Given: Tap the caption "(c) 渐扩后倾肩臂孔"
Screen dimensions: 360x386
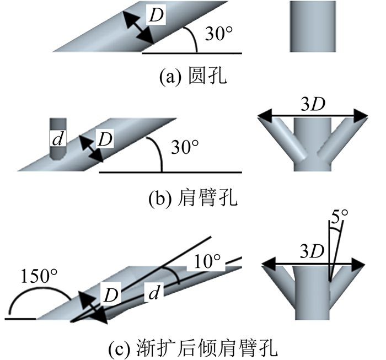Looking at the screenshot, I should pos(193,348).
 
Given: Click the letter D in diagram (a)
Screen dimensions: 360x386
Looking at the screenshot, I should pos(157,16).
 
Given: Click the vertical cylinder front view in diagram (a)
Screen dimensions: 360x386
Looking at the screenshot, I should pos(312,26).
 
